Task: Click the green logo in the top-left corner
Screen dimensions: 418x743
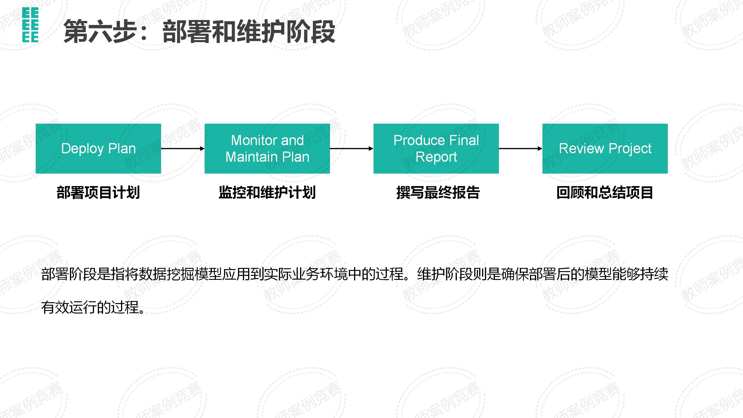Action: [x=30, y=25]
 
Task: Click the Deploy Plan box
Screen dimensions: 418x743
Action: [x=98, y=149]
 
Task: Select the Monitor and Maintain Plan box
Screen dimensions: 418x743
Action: [x=267, y=149]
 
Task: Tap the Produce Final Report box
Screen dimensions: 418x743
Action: [x=436, y=149]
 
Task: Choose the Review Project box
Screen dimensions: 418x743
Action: [x=605, y=149]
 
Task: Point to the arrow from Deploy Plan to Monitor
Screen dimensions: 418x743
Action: [x=183, y=149]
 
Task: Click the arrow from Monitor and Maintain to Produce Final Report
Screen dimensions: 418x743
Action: [x=351, y=149]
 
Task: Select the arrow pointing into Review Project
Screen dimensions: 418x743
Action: [x=520, y=149]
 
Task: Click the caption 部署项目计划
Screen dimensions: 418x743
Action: [x=98, y=192]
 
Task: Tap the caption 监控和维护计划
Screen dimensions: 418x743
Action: [x=267, y=192]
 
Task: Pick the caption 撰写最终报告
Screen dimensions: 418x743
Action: [x=438, y=192]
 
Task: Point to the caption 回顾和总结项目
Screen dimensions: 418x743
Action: [x=605, y=192]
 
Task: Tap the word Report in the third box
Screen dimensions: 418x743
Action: [x=436, y=157]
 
